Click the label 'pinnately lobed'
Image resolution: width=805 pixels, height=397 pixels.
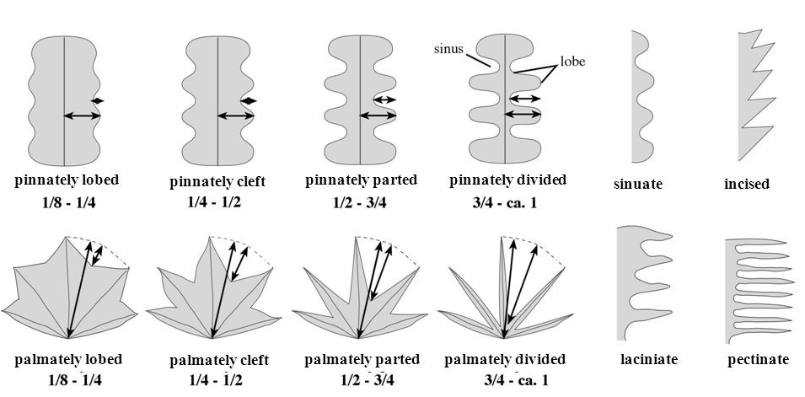[67, 180]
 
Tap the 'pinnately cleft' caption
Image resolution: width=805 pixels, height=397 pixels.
[217, 181]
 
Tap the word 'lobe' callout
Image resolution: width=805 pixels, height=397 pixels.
[572, 62]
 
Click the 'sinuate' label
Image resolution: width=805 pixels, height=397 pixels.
[638, 184]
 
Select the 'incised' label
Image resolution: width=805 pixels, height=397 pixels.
[747, 184]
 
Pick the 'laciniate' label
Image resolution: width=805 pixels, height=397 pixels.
[649, 360]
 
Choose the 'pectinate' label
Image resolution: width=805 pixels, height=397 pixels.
[759, 360]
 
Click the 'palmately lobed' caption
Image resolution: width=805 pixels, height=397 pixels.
[68, 360]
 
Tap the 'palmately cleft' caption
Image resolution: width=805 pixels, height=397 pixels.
[219, 361]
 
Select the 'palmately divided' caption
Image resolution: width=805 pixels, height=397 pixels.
[503, 360]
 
